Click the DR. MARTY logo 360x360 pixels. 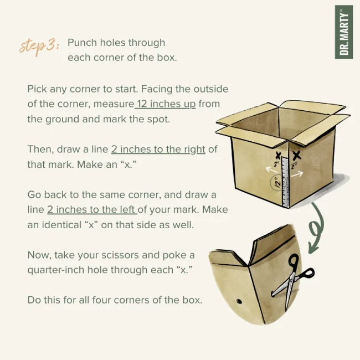point(344,32)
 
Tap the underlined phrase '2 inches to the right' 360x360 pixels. point(158,150)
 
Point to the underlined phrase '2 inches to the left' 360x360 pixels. point(91,209)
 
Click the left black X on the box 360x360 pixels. point(278,156)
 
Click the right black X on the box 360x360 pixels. point(297,155)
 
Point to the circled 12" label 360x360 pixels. point(278,183)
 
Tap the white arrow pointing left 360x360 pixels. point(271,169)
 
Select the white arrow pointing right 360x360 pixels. point(297,173)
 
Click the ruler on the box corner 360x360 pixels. point(285,182)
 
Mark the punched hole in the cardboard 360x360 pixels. point(239,301)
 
